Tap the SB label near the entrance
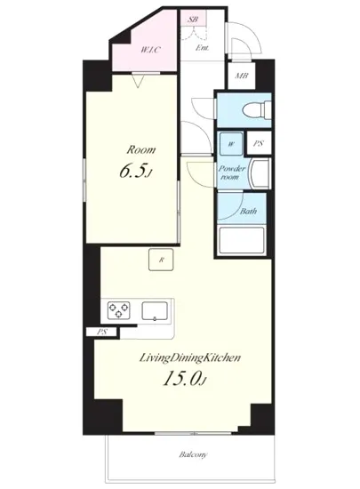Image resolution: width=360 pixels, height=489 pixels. click(193, 18)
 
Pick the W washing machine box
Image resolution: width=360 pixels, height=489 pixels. click(230, 143)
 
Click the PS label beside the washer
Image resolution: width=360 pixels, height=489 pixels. click(256, 143)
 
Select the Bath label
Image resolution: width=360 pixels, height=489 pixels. click(248, 211)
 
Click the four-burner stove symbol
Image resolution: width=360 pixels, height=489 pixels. click(118, 310)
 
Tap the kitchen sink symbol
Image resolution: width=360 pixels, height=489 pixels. click(156, 311)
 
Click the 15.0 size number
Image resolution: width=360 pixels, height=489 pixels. click(175, 380)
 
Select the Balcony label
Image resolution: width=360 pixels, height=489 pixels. click(193, 456)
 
